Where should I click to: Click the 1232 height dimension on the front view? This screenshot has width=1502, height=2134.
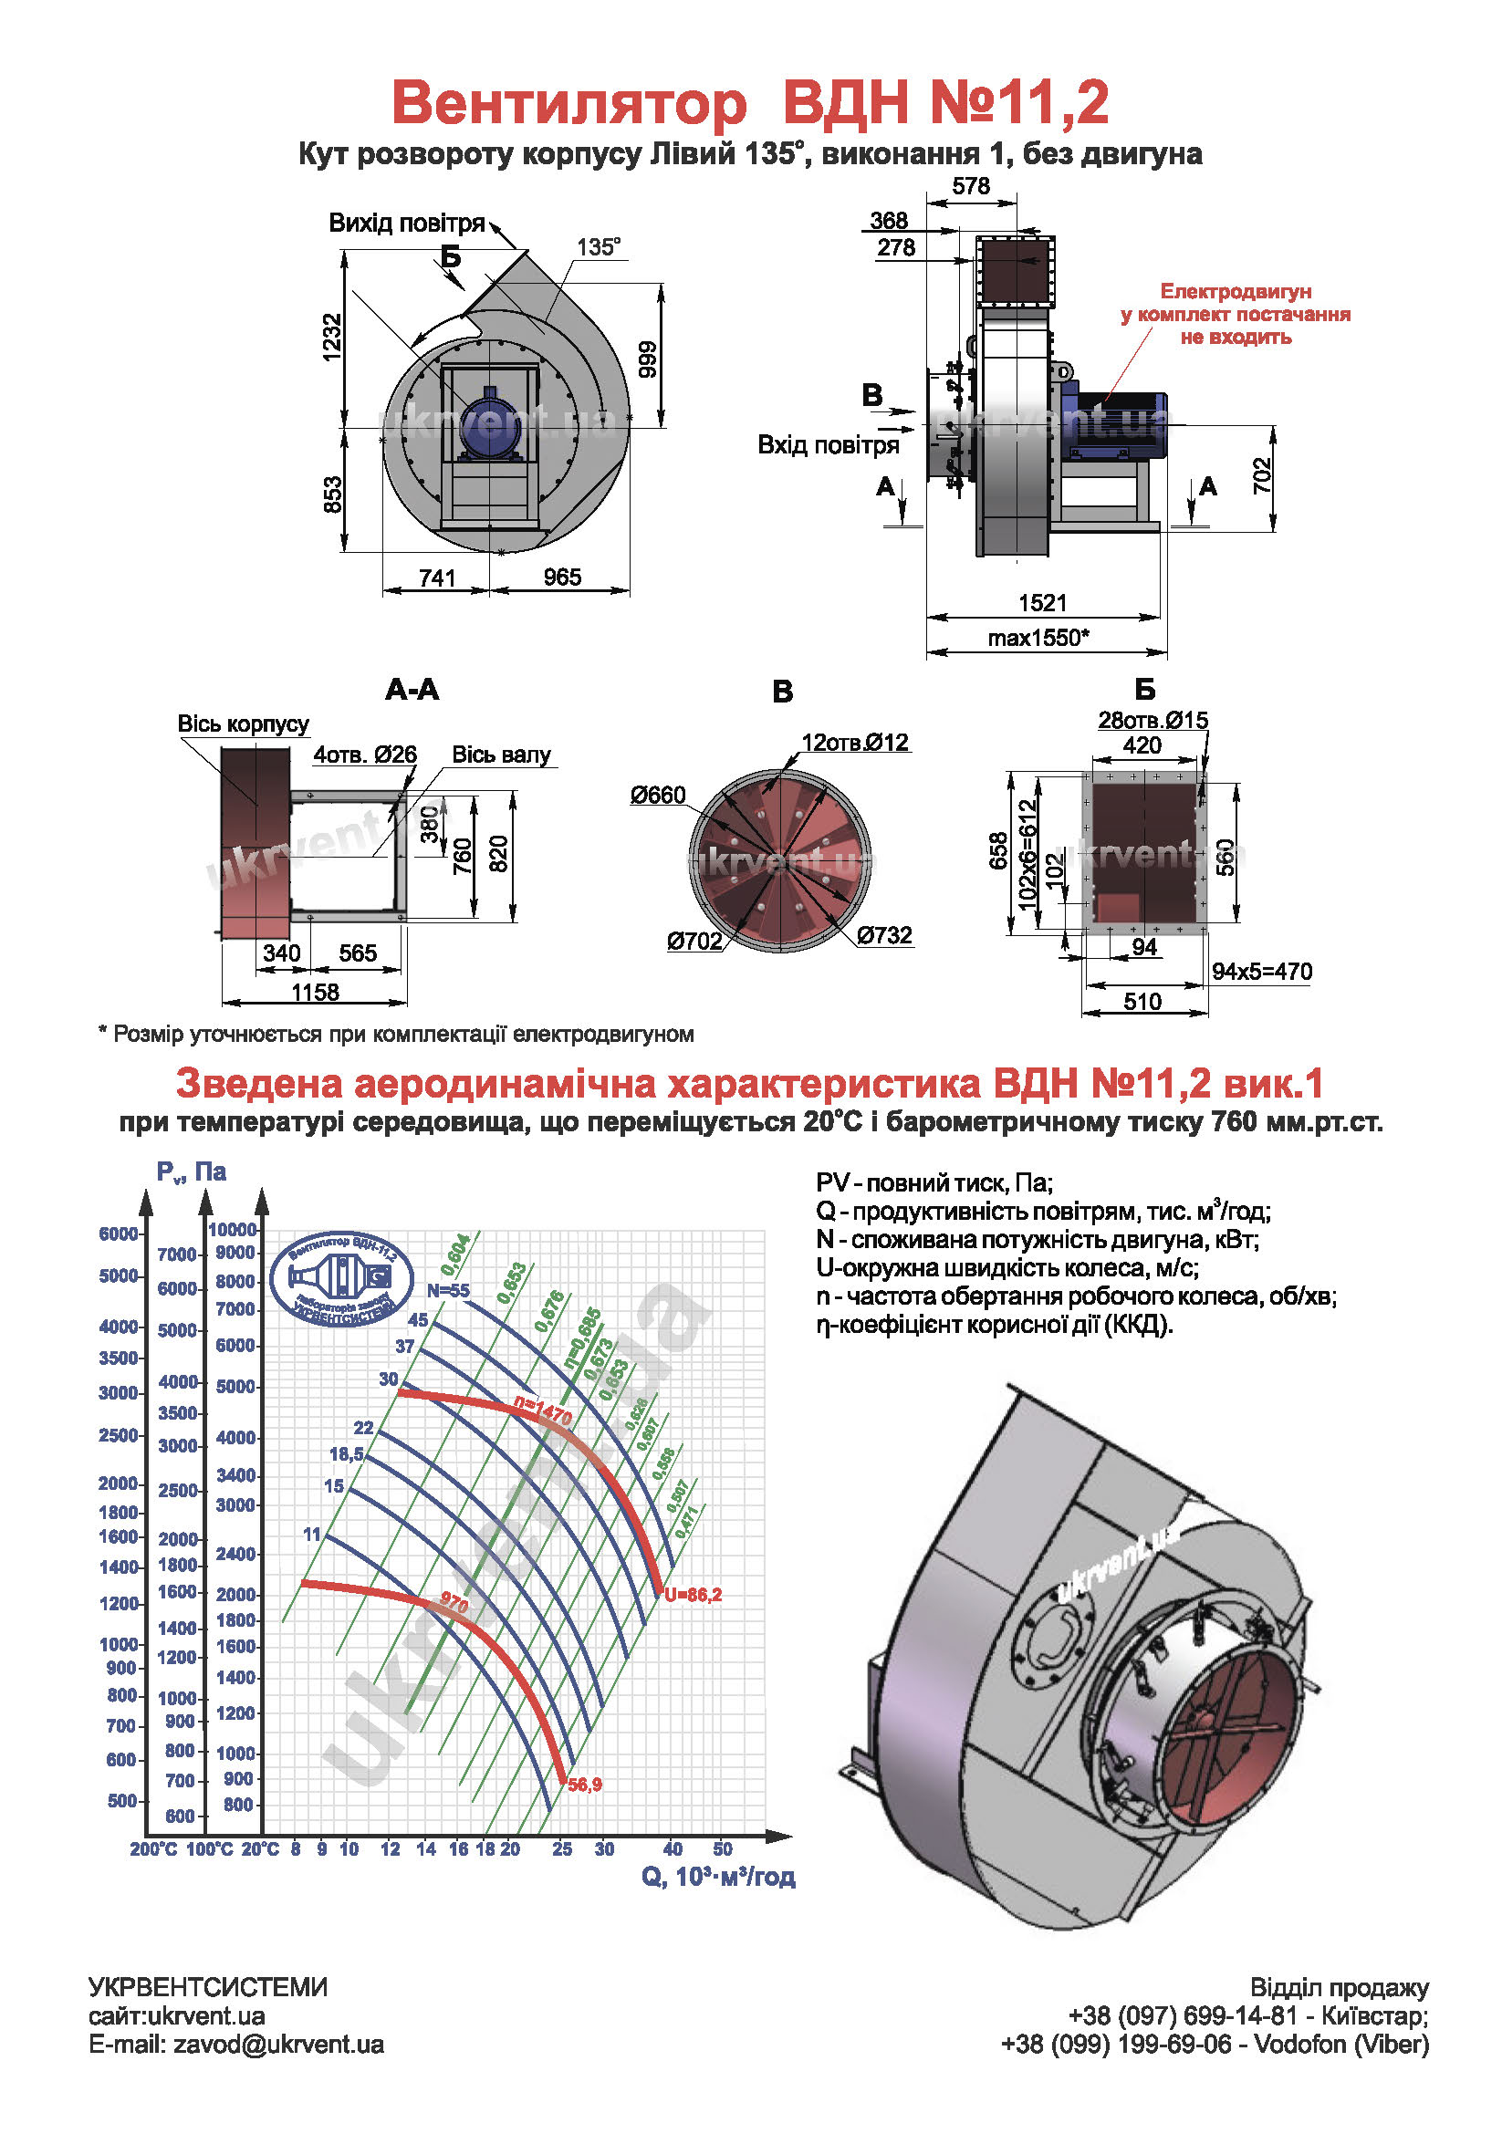coord(332,337)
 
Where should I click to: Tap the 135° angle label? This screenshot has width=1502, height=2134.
coord(598,247)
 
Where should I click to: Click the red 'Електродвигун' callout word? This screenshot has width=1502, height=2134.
coord(1236,292)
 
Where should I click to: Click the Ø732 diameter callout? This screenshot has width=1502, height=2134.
coord(884,935)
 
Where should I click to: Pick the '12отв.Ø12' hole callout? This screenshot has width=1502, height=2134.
coord(855,743)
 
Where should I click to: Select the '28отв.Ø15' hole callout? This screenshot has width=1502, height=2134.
coord(1153,721)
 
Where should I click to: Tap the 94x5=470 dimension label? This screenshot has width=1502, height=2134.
coord(1261,973)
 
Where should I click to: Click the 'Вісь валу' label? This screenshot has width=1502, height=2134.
coord(501,755)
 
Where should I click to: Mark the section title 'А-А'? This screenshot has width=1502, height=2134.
coord(412,690)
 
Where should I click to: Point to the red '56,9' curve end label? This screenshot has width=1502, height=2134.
coord(585,1785)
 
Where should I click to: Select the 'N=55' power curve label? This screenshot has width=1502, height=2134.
coord(448,1291)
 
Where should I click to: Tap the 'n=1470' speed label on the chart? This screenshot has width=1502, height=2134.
coord(542,1411)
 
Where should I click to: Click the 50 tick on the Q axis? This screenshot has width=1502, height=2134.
coord(722,1849)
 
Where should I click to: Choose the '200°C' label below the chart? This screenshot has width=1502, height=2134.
coord(153,1849)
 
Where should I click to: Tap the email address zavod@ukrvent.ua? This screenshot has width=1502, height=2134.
coord(278,2044)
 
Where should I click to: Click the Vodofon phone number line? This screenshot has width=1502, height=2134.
coord(1214,2044)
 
